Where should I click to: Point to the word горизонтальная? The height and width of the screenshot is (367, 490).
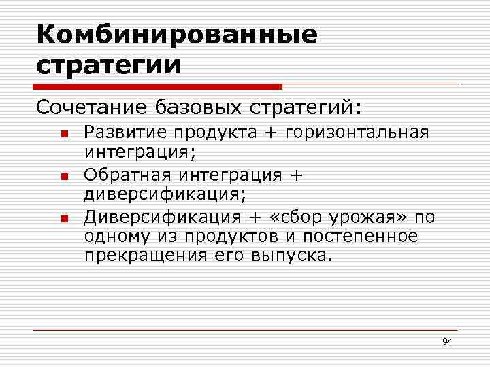coord(358,132)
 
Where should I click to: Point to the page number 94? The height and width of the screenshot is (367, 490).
coord(447,340)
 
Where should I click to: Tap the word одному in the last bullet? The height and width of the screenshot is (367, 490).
coord(114,237)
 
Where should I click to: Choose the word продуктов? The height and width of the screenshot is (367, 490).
coord(244,237)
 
